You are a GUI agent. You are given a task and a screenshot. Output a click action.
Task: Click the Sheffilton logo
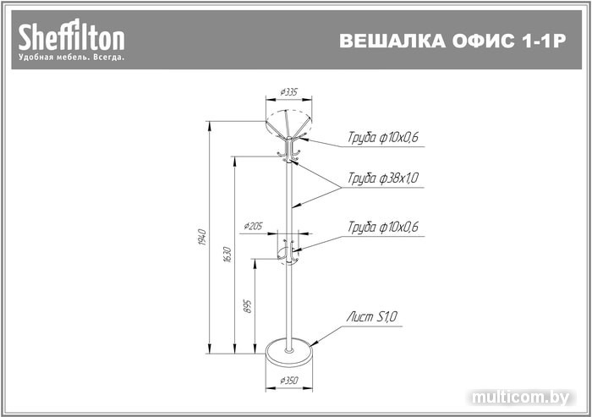coord(72,36)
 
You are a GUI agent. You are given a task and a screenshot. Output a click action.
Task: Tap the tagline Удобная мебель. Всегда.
coord(72,58)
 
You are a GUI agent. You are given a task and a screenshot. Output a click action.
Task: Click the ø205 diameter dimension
coord(254,226)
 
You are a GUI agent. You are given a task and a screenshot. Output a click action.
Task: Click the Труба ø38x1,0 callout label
coord(383,178)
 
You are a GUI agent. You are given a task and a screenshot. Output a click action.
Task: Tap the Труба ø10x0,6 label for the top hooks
coord(383,137)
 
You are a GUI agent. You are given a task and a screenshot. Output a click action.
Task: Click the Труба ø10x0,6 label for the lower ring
coord(383,227)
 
